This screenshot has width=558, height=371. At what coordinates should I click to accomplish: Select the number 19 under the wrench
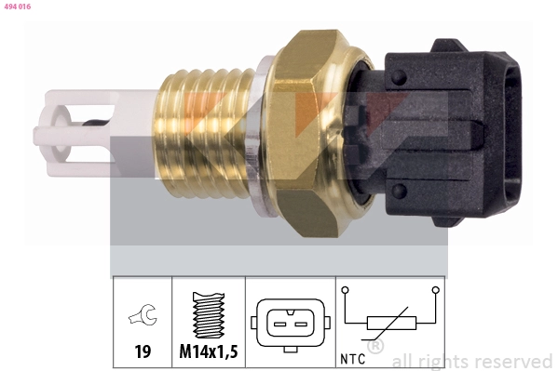(x=142, y=353)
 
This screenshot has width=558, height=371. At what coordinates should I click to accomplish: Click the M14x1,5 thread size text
(x=209, y=353)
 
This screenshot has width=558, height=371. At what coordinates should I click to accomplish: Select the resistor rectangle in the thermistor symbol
(x=390, y=324)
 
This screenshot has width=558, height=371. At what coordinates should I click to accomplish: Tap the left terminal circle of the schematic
(x=346, y=291)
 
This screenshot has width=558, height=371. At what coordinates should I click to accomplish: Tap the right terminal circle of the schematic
(x=435, y=291)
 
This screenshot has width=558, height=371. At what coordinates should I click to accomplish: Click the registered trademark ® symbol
(x=375, y=347)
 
